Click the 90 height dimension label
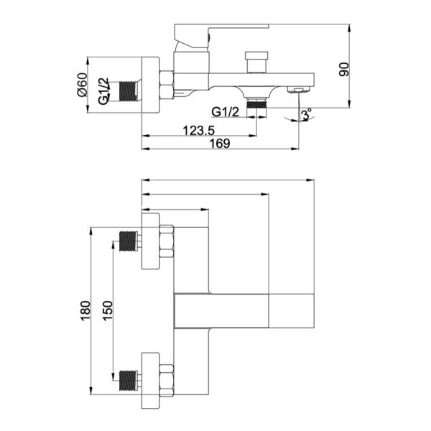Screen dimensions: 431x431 tap(344, 69)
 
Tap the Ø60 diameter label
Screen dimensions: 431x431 tap(82, 85)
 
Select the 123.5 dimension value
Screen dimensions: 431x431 tap(198, 130)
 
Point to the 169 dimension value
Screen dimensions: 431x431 tap(220, 144)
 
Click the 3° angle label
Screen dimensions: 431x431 tap(307, 114)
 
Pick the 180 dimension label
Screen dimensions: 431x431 tap(85, 311)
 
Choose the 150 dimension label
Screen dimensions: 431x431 tap(108, 310)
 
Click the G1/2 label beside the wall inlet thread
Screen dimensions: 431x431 tap(103, 91)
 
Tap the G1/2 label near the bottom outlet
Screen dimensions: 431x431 tap(226, 112)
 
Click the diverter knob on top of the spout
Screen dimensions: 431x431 tap(256, 62)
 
